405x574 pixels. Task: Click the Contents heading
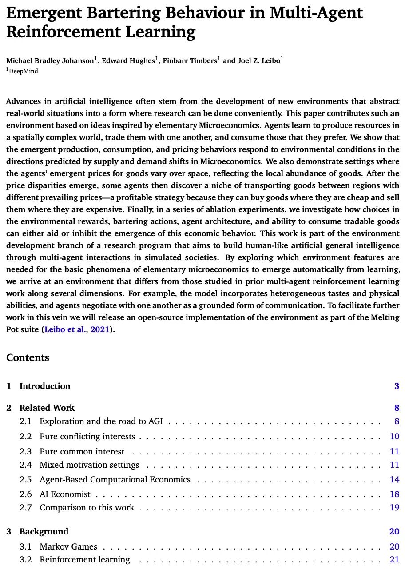pos(28,358)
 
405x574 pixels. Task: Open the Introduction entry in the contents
pos(44,386)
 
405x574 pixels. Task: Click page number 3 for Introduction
pos(397,386)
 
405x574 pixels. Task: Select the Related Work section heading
pos(47,408)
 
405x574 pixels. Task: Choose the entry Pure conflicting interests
pos(87,436)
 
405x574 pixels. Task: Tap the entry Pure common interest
pos(82,451)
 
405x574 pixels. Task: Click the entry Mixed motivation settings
pos(89,465)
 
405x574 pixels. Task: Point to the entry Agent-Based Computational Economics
pos(115,479)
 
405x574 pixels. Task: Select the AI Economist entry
pos(65,494)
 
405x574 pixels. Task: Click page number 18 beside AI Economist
pos(394,494)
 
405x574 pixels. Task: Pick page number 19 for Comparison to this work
pos(394,507)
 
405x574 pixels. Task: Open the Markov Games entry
pos(68,546)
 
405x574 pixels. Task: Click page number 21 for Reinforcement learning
pos(394,559)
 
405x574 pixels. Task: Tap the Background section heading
pos(44,531)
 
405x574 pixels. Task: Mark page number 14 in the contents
pos(394,479)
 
